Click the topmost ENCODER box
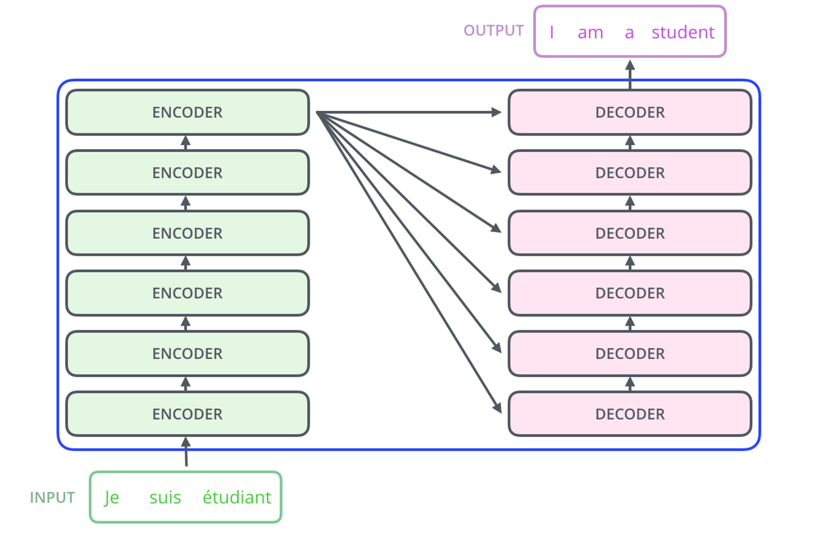pos(187,112)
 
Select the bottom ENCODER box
pos(187,414)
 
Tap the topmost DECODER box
pos(630,112)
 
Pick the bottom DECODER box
pos(630,414)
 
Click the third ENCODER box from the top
pos(187,233)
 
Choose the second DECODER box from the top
pos(630,173)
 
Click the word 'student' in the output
pos(682,32)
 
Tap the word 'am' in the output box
pos(590,33)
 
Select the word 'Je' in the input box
pos(112,498)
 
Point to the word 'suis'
pos(165,498)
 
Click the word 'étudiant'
pos(237,497)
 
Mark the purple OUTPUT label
pos(493,31)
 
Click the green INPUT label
pos(52,498)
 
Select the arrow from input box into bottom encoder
pos(186,452)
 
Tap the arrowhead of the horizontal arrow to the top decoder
pos(496,112)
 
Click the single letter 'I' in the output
pos(551,32)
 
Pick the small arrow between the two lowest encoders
pos(186,383)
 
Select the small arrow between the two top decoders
pos(630,142)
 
